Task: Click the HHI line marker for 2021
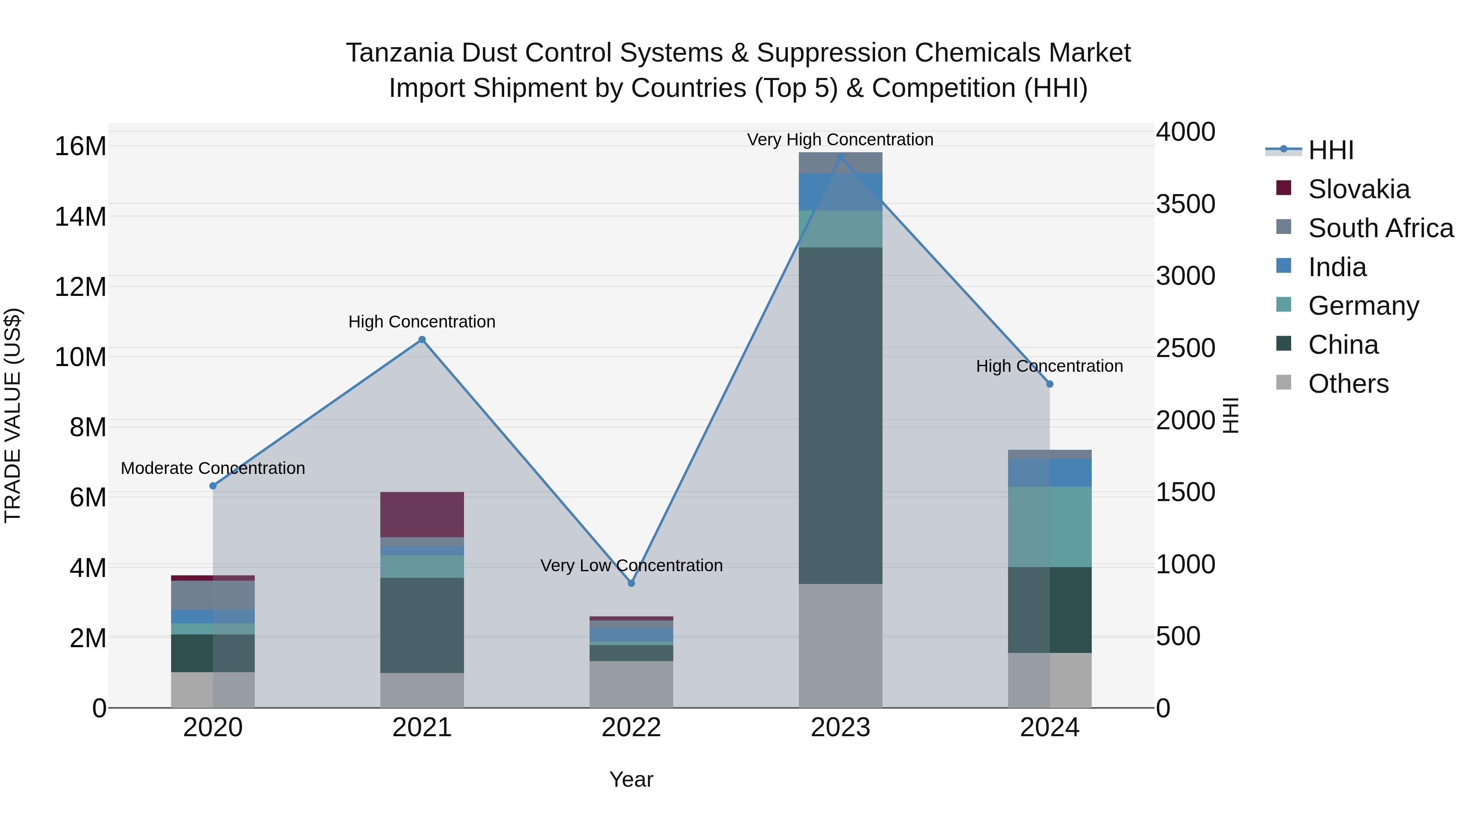[x=422, y=339]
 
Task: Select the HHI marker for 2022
[x=631, y=583]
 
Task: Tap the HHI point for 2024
[x=1050, y=384]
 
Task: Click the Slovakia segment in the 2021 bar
[x=422, y=515]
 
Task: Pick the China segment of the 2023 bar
[x=841, y=415]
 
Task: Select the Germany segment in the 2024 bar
[x=1050, y=527]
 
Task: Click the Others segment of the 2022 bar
[x=631, y=684]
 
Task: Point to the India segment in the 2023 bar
[x=841, y=192]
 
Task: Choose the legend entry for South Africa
[x=1381, y=228]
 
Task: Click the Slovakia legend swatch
[x=1284, y=188]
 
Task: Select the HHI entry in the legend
[x=1330, y=150]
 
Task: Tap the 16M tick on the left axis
[x=80, y=146]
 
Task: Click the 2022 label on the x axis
[x=631, y=728]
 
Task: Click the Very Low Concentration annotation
[x=631, y=565]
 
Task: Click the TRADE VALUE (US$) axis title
[x=13, y=415]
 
